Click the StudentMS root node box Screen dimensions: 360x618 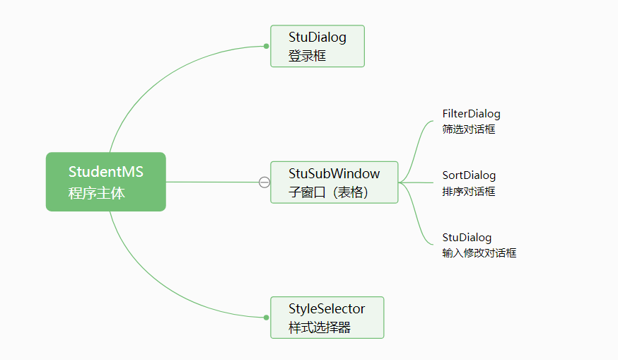point(105,182)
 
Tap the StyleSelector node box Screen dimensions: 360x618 point(327,318)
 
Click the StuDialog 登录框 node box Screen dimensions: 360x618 point(317,46)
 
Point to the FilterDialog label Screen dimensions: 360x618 point(471,114)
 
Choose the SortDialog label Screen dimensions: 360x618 point(469,175)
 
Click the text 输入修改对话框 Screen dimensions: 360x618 point(479,253)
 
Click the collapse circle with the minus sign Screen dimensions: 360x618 point(264,182)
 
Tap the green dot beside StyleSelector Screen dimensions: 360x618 point(266,318)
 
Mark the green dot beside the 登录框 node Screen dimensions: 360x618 point(266,46)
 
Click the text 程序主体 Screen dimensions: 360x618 point(97,193)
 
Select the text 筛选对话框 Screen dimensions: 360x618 point(468,129)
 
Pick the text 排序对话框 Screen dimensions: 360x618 point(468,192)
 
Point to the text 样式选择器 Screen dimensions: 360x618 point(319,327)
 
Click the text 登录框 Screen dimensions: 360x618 point(307,56)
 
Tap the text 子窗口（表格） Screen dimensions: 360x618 point(329,192)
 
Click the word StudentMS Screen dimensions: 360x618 point(106,172)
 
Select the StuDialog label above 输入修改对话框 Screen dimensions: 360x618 point(467,238)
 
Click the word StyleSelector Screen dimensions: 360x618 point(327,309)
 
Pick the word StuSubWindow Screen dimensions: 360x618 point(334,173)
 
